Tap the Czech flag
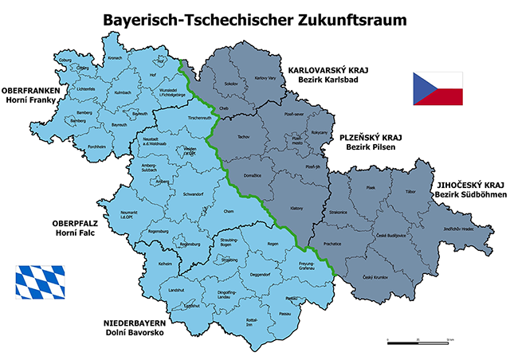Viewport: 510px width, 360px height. tap(437, 88)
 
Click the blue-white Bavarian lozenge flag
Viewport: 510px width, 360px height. tap(39, 280)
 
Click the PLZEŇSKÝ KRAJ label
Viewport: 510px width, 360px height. tap(370, 137)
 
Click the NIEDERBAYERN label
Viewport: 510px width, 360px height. tap(132, 322)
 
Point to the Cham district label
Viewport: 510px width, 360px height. tap(229, 210)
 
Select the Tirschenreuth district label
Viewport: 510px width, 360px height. tap(198, 118)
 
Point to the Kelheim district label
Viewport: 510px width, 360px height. tap(166, 263)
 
